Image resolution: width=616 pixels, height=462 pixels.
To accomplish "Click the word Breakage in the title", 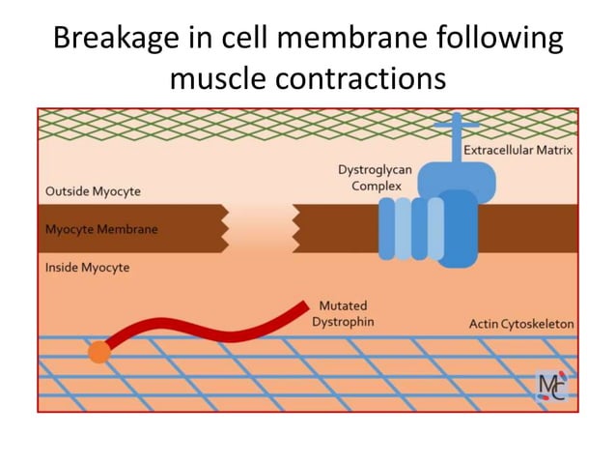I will pyautogui.click(x=112, y=39).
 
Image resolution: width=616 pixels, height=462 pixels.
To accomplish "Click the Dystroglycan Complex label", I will pyautogui.click(x=376, y=177).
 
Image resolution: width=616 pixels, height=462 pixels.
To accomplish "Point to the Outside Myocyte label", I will pyautogui.click(x=93, y=191).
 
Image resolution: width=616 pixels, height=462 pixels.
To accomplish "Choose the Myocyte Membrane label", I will pyautogui.click(x=101, y=230).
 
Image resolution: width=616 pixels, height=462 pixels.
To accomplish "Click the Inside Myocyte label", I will pyautogui.click(x=87, y=267).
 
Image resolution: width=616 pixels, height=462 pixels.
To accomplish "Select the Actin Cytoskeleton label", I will pyautogui.click(x=520, y=323).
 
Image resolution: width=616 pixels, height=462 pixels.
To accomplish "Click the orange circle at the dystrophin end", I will pyautogui.click(x=98, y=353).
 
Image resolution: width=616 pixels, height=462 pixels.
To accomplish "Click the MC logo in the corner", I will pyautogui.click(x=552, y=386).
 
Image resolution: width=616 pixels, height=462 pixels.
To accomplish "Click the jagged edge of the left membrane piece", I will pyautogui.click(x=224, y=229).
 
